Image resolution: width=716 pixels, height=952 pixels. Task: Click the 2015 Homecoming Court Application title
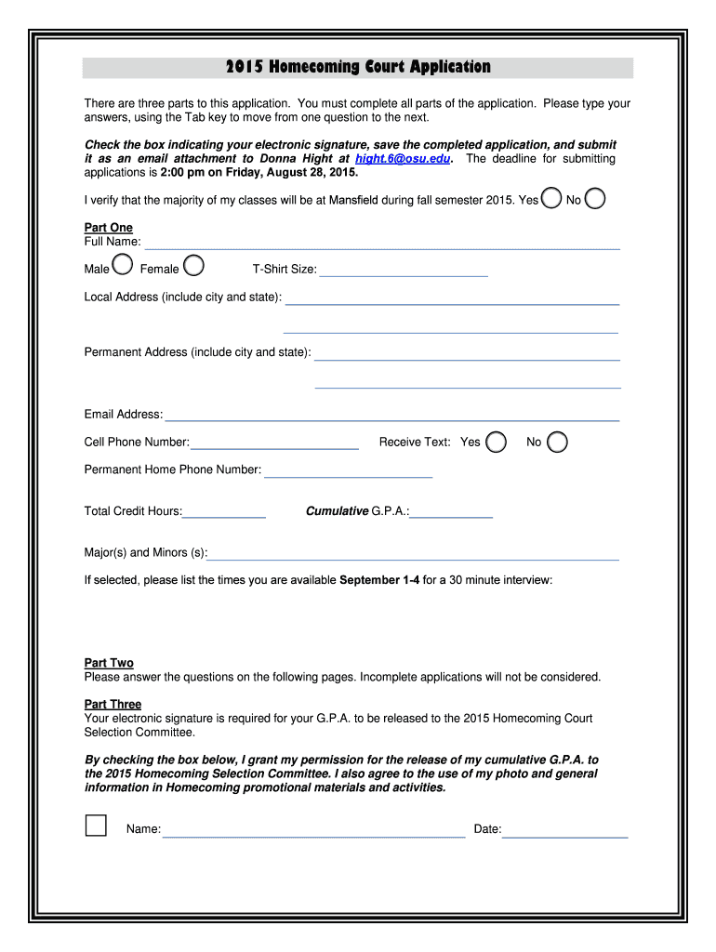[x=358, y=67]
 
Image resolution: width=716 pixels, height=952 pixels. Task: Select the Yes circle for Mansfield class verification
[x=551, y=199]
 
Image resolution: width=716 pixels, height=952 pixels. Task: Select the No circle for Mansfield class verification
[x=595, y=199]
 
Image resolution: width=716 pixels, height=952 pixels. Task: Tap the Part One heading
[x=109, y=228]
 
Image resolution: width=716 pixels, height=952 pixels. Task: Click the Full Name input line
[x=382, y=244]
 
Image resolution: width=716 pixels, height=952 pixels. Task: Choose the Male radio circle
[x=121, y=268]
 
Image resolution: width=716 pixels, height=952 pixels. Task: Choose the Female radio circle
[x=194, y=268]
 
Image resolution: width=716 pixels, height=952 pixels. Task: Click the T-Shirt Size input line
[x=404, y=271]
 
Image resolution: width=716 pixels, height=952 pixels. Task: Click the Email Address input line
[x=391, y=416]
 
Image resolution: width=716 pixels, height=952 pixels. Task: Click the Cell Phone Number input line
[x=274, y=443]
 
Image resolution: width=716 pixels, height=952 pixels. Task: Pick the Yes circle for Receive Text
[x=497, y=442]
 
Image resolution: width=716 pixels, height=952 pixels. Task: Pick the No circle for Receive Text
[x=557, y=442]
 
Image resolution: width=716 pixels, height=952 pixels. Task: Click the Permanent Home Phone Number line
[x=349, y=471]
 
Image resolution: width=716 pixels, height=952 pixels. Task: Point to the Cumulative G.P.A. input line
[x=451, y=512]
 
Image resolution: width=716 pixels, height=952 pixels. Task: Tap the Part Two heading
[x=109, y=663]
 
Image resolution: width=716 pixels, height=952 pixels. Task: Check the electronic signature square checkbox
[x=96, y=826]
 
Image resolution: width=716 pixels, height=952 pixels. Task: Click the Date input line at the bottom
[x=565, y=831]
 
